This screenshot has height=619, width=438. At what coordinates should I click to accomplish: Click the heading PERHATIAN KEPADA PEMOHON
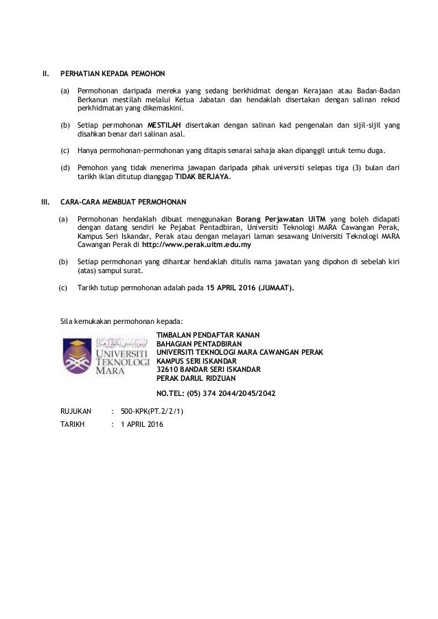[113, 73]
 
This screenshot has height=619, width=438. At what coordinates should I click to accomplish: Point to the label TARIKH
[73, 425]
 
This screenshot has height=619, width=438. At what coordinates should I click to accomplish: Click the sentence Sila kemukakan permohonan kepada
[122, 321]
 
